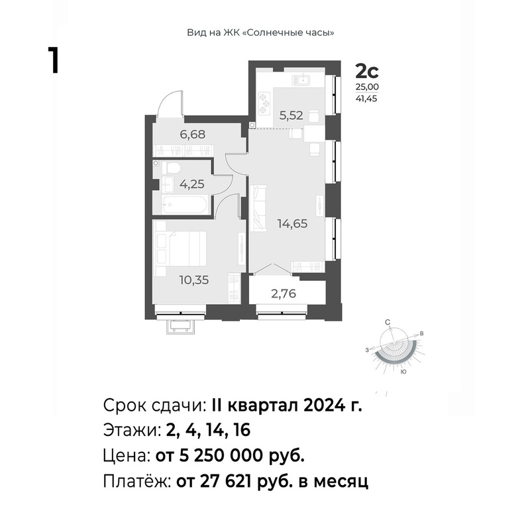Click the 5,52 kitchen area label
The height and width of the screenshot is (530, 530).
tap(291, 115)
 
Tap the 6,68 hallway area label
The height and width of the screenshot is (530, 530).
tap(192, 134)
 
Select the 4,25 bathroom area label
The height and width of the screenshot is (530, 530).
tap(191, 184)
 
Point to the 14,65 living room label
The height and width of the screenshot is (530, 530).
tap(292, 223)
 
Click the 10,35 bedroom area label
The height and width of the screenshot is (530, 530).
tap(194, 280)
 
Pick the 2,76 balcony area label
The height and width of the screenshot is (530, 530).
tap(284, 293)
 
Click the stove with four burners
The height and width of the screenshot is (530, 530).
tap(264, 103)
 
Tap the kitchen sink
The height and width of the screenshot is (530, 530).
tap(303, 79)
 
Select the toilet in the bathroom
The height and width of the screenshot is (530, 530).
tap(171, 168)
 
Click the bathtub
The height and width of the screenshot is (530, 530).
tap(184, 205)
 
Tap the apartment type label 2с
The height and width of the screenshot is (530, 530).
tap(367, 72)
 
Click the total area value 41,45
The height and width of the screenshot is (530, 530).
tap(366, 99)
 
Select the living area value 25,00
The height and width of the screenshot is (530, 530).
tap(367, 87)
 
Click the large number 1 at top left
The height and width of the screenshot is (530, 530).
tap(54, 60)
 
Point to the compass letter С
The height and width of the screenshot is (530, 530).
tap(388, 323)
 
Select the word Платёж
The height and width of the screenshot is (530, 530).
tap(137, 481)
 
